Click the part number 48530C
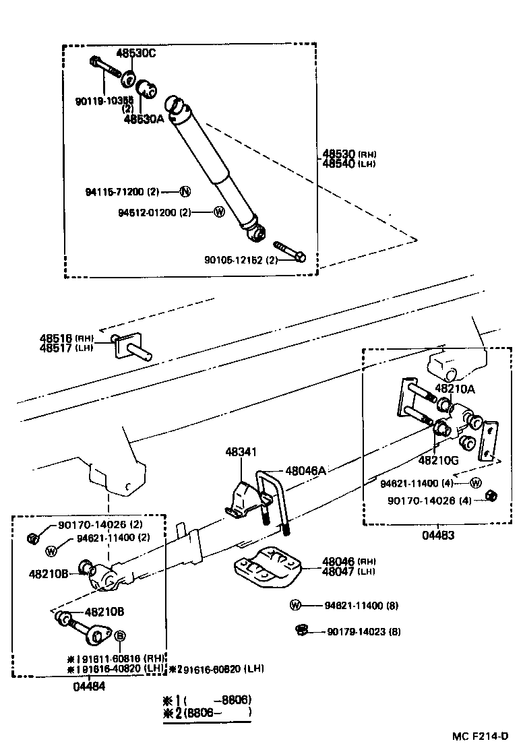(135, 53)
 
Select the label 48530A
(144, 119)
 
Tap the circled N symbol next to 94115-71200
(185, 191)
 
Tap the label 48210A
(455, 388)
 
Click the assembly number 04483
(439, 535)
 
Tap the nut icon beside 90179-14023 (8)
(302, 631)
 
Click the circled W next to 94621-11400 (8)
(295, 605)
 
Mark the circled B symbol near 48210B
(120, 635)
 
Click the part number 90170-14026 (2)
(100, 524)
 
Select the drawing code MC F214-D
(479, 736)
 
